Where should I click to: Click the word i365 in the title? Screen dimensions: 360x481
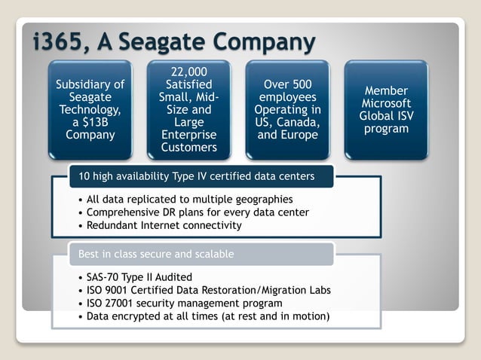pyautogui.click(x=62, y=41)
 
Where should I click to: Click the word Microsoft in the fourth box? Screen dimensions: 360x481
pyautogui.click(x=386, y=103)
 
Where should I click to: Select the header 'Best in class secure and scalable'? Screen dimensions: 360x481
pyautogui.click(x=156, y=254)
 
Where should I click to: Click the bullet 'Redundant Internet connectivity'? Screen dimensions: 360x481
pyautogui.click(x=164, y=225)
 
